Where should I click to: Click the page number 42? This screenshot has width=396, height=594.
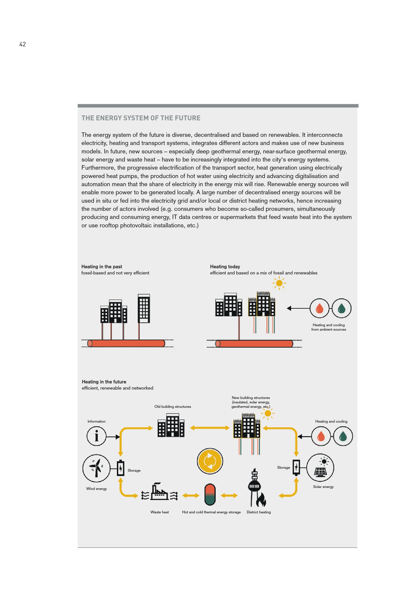(23, 44)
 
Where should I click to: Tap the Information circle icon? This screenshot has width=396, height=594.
(96, 436)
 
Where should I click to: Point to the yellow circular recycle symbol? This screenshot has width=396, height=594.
(210, 461)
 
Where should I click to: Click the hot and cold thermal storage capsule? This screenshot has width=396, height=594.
(210, 494)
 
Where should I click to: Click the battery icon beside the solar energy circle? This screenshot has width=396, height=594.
(296, 467)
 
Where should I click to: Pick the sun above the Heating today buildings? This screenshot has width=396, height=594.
(279, 283)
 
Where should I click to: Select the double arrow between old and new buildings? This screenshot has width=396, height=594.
(210, 428)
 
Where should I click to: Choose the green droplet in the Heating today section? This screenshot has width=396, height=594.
(341, 308)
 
